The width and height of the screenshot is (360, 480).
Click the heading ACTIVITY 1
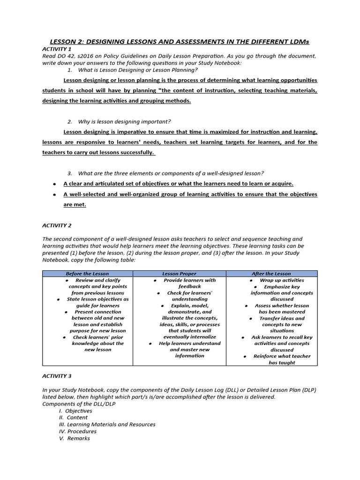click(x=57, y=49)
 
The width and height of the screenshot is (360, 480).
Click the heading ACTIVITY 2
click(x=57, y=225)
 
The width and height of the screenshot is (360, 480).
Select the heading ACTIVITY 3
click(x=57, y=376)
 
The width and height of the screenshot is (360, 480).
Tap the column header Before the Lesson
click(x=87, y=273)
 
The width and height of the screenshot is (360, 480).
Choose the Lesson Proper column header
click(x=180, y=273)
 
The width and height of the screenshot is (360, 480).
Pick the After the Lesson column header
click(x=272, y=273)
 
